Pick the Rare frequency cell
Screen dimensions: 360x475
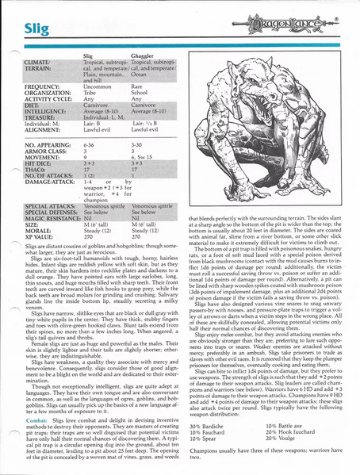click(137, 85)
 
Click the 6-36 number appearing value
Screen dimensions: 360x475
click(90, 146)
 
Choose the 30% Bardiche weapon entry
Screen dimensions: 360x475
click(209, 427)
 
